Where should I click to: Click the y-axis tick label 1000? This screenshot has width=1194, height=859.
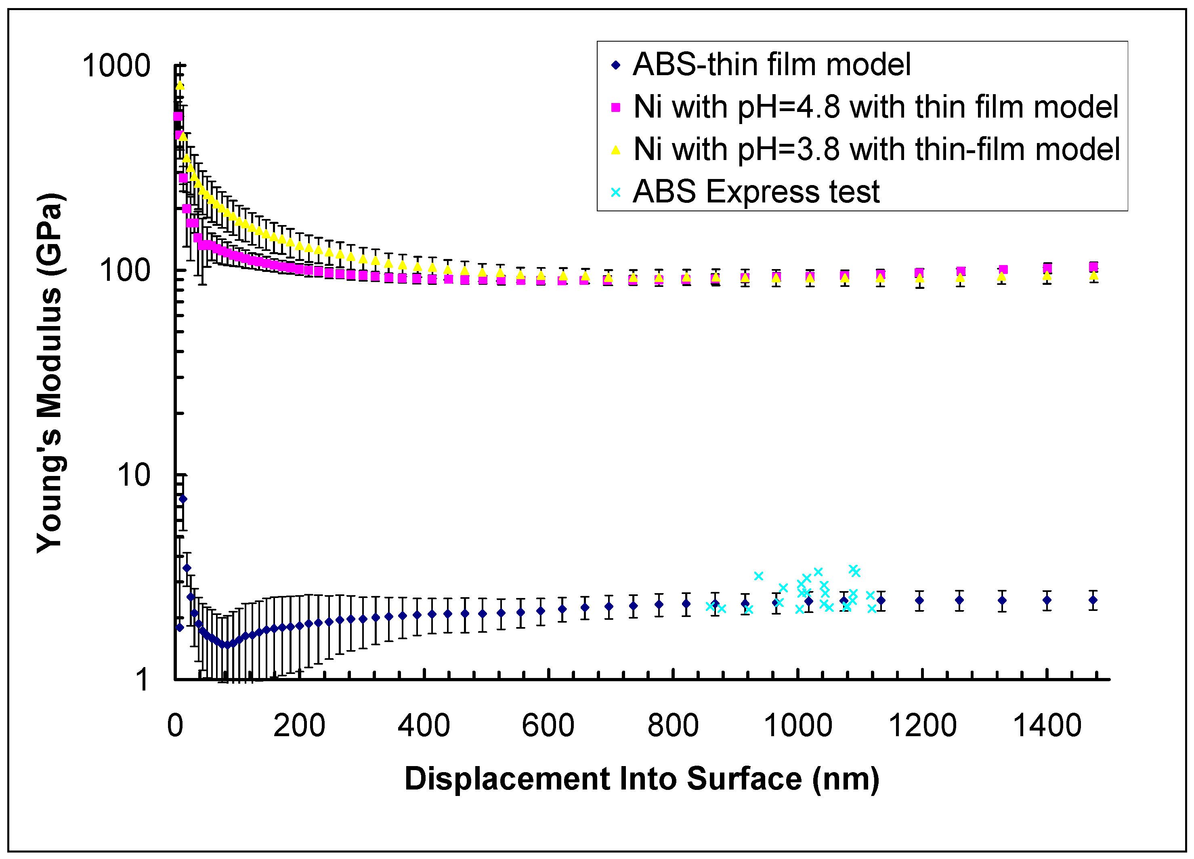click(x=116, y=66)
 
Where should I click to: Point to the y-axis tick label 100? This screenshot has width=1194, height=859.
click(x=125, y=271)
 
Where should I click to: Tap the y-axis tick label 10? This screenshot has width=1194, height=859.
click(x=134, y=475)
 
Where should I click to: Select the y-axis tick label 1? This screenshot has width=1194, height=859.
click(x=143, y=680)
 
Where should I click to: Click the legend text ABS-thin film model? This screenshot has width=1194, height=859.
click(x=772, y=64)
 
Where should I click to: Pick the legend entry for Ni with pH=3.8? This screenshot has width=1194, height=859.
click(x=877, y=149)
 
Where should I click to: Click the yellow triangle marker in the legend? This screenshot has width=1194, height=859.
click(x=615, y=150)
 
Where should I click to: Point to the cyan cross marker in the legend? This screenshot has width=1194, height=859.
click(x=615, y=192)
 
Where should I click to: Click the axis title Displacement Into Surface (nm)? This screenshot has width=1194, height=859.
click(x=642, y=779)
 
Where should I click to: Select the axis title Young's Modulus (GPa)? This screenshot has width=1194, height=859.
click(x=50, y=373)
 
